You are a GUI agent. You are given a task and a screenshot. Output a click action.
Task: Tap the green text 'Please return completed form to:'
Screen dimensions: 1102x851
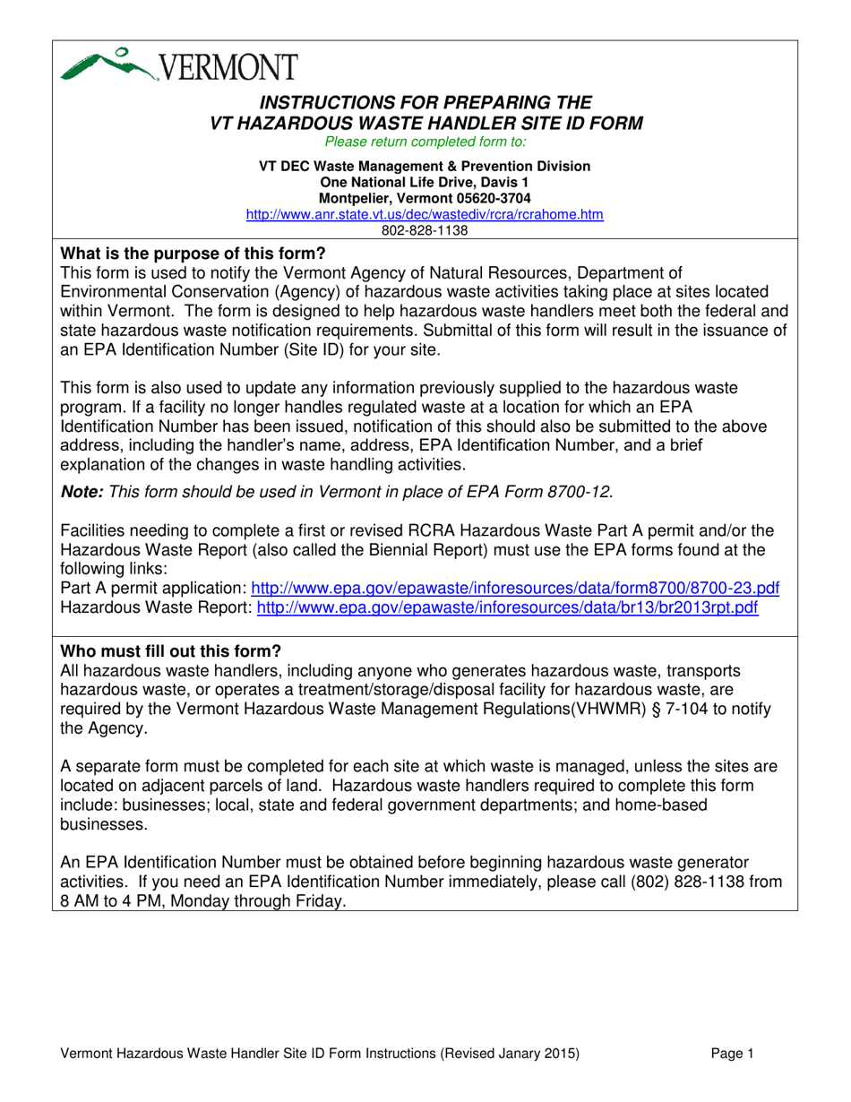[x=425, y=142]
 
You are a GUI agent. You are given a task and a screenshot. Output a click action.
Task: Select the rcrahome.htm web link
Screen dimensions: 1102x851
[x=425, y=215]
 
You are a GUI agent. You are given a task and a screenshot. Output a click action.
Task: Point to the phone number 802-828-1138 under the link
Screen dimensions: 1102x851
[x=425, y=229]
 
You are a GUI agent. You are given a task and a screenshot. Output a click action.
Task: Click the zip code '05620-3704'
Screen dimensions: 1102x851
[x=490, y=197]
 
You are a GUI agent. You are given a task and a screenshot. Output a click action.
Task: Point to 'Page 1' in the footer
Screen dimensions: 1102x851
[x=735, y=1055]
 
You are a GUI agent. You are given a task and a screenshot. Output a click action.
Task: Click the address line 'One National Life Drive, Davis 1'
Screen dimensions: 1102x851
[x=425, y=182]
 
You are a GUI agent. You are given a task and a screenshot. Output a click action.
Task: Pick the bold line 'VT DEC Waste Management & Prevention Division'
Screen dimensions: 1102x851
[x=425, y=167]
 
